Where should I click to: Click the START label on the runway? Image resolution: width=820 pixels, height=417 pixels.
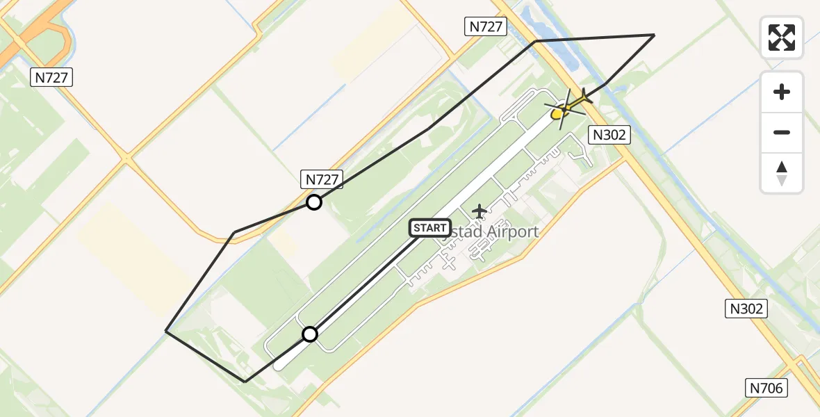(x=430, y=228)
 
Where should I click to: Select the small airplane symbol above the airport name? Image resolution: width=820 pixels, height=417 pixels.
(x=479, y=211)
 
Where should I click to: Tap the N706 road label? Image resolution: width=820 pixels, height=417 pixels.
(x=767, y=389)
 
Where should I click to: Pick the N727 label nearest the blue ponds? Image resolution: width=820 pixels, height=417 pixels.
(x=486, y=27)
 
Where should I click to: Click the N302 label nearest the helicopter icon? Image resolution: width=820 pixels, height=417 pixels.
(x=609, y=135)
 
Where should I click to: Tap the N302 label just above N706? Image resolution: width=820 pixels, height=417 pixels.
(x=747, y=309)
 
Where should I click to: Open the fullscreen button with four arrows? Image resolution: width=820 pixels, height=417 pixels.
(x=782, y=38)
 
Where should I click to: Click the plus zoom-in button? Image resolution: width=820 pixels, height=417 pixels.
(x=782, y=92)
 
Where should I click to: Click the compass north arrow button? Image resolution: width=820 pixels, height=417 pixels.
(x=782, y=172)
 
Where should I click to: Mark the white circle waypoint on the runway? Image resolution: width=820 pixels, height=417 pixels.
(x=310, y=334)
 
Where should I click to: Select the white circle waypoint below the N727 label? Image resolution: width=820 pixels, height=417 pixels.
(x=314, y=202)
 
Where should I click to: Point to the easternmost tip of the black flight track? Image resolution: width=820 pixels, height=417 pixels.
(x=654, y=35)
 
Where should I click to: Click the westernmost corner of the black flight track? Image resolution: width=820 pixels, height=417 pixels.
(x=165, y=331)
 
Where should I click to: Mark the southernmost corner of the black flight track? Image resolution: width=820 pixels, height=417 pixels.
(x=245, y=382)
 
